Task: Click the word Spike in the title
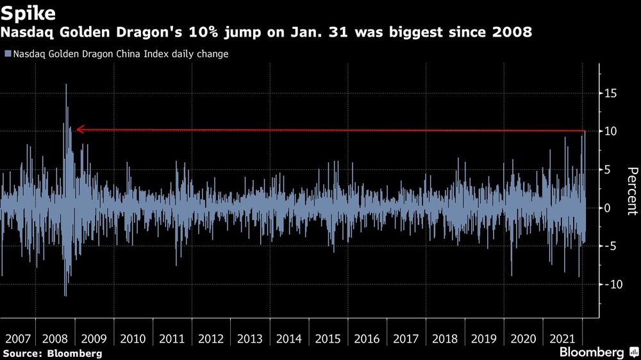pos(28,13)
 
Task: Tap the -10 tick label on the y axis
pos(608,284)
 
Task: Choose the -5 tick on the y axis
pos(610,246)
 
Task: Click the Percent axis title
pos(632,190)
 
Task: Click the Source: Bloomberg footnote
pos(52,353)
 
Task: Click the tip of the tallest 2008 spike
pos(66,85)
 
